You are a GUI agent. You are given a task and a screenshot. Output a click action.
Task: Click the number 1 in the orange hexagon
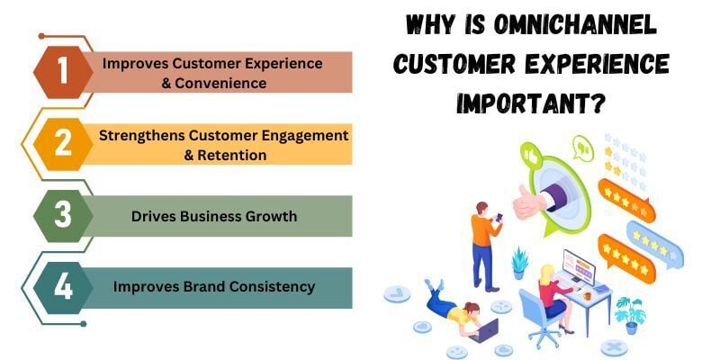click(62, 73)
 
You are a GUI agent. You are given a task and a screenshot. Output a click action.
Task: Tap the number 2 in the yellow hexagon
click(62, 144)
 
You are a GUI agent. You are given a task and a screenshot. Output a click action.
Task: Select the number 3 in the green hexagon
click(62, 215)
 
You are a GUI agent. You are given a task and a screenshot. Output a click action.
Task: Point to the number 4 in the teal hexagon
click(62, 287)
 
